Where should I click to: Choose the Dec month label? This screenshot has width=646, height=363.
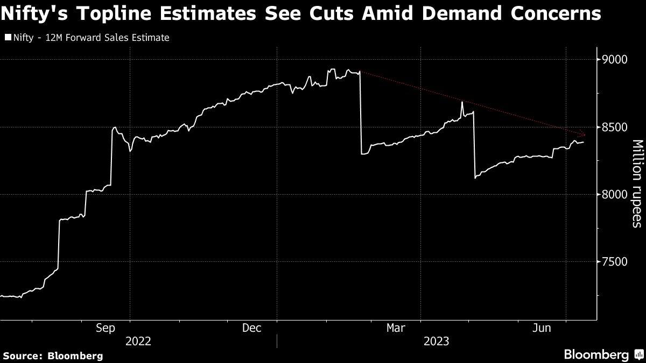pos(251,328)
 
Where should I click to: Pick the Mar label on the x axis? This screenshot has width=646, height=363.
pos(396,328)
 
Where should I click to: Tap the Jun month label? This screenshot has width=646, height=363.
pos(542,328)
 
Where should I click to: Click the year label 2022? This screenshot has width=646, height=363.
pos(138,341)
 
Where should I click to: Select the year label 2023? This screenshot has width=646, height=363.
pos(437,341)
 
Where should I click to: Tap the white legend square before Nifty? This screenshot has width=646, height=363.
pos(8,38)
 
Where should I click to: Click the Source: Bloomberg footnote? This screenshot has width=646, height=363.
pos(53,355)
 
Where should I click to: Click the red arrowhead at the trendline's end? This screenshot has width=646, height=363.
pos(583,134)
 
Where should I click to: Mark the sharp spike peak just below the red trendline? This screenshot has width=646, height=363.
pos(462,102)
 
